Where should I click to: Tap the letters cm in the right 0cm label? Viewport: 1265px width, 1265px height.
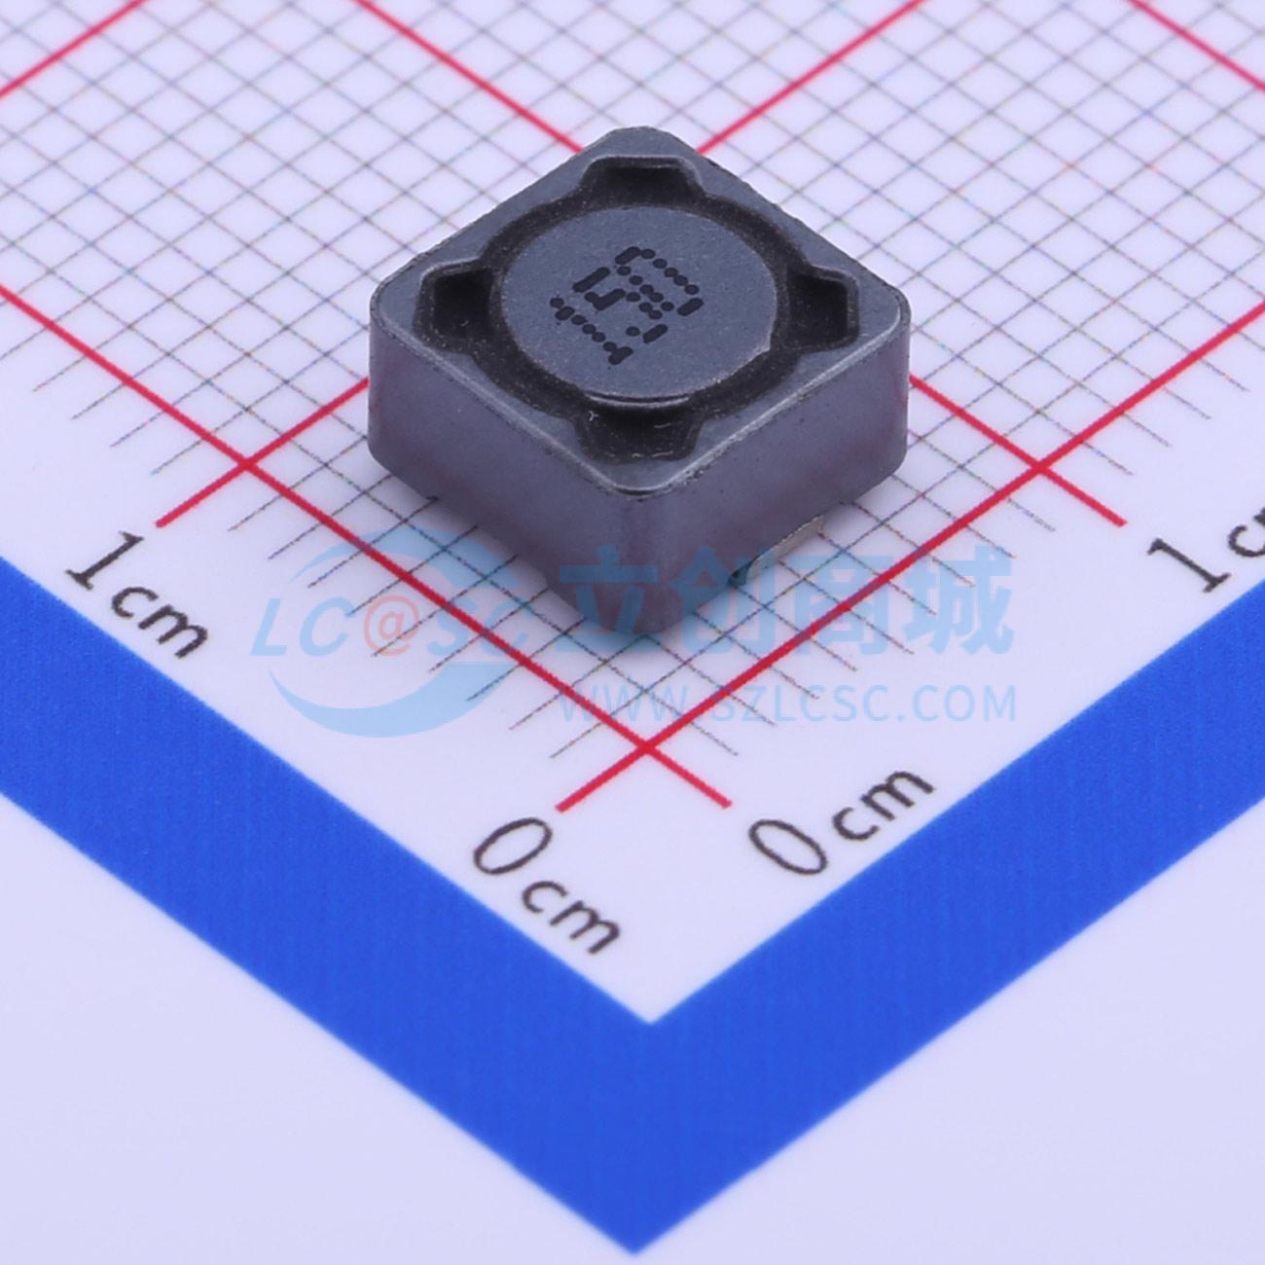[x=882, y=799]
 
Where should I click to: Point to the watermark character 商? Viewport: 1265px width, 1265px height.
[x=837, y=598]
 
